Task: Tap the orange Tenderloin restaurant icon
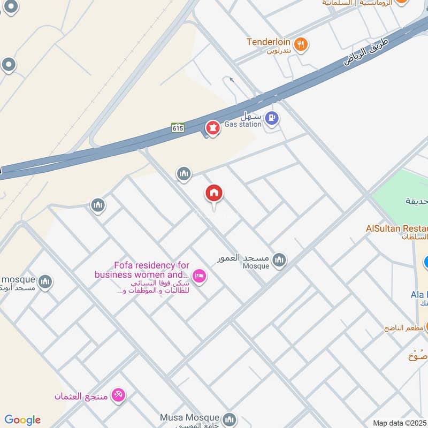coord(302,44)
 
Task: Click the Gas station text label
coord(242,124)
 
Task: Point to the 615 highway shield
coord(178,127)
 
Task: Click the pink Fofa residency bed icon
coord(199,276)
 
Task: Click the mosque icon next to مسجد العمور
coord(279,261)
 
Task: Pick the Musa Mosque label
coord(189,417)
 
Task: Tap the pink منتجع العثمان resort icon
coord(118,396)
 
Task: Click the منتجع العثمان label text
coord(81,396)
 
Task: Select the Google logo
coord(22,420)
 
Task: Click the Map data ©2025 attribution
coord(400,423)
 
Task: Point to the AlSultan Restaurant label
coord(396,228)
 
